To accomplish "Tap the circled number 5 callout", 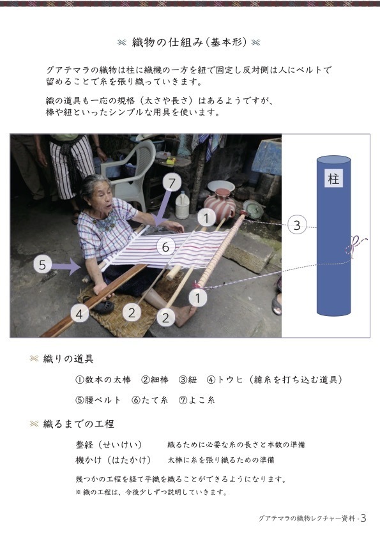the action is (43, 265).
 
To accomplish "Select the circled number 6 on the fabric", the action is (166, 246).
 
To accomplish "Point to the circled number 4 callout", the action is (79, 314).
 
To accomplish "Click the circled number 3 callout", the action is (297, 225).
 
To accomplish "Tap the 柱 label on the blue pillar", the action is (333, 178).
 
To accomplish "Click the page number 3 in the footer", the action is (363, 518).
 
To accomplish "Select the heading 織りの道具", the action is (68, 359).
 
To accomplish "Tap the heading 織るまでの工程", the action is (79, 424).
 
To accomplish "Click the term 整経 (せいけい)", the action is (109, 444).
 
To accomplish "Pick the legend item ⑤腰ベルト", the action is (98, 400).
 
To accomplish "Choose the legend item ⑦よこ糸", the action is (197, 400).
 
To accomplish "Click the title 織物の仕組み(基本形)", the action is (190, 43).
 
